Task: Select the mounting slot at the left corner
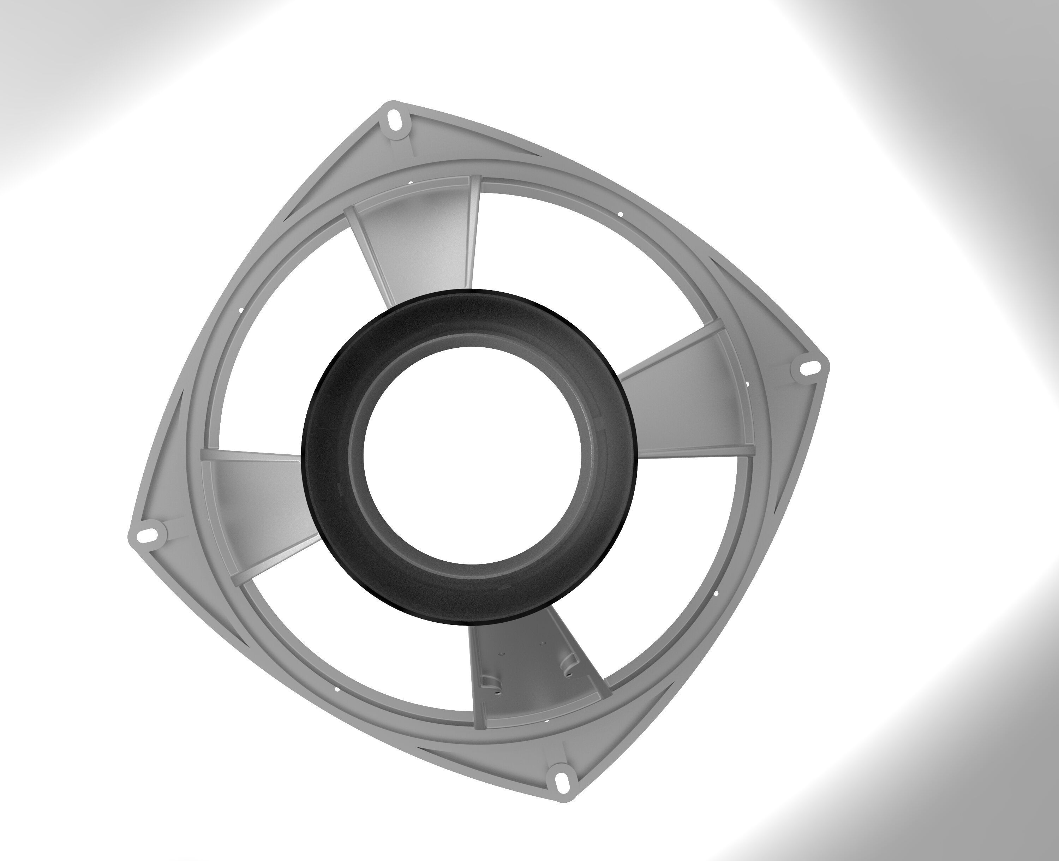[147, 534]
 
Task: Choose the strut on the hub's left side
[258, 501]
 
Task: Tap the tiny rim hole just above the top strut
[411, 183]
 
